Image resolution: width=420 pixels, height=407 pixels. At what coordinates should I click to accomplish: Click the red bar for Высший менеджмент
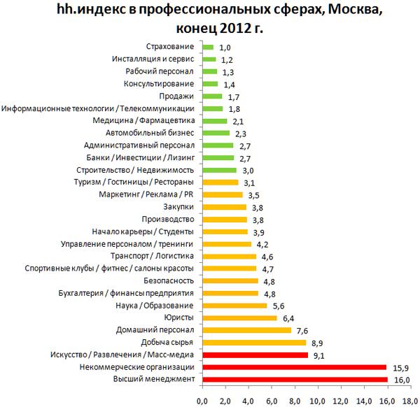tap(295, 379)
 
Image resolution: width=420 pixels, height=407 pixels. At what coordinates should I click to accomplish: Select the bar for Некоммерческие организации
tap(294, 366)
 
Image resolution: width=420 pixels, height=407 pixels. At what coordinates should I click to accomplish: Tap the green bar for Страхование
tap(208, 48)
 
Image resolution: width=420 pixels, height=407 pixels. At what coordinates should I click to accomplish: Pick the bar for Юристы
tap(239, 317)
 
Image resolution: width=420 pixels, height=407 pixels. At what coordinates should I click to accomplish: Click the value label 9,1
tap(320, 355)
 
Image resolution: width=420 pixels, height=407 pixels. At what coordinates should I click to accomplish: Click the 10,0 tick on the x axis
tap(318, 401)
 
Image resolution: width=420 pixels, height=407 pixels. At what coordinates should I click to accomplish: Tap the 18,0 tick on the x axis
tap(411, 401)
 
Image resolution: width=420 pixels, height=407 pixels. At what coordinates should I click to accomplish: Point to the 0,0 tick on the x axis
tap(202, 401)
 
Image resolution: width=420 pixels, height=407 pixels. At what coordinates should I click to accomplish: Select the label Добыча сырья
tap(166, 342)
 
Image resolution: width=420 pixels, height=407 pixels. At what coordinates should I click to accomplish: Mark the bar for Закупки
tap(224, 207)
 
